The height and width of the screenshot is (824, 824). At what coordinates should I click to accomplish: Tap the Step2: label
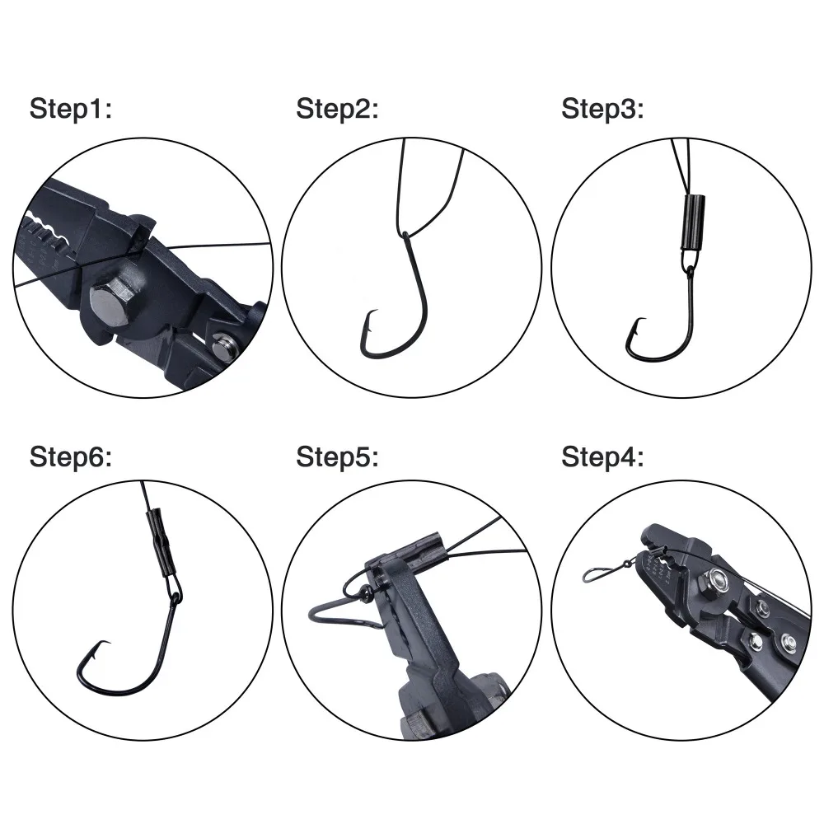337,110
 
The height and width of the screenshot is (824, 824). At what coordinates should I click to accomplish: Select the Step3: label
602,110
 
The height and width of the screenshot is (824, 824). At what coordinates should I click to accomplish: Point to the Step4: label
602,457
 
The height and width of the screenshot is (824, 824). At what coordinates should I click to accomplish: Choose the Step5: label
337,457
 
